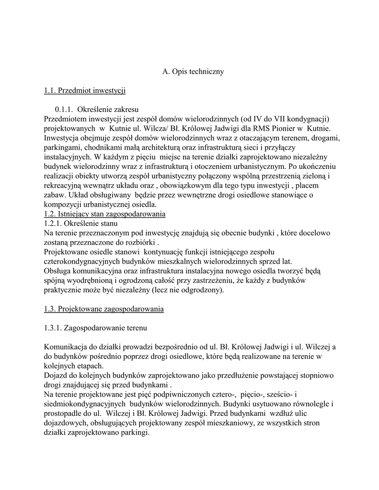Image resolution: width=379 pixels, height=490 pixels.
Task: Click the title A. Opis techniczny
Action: [193, 72]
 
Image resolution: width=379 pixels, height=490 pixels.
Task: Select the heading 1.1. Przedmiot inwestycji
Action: [84, 90]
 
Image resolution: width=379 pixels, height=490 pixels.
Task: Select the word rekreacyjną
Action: [63, 185]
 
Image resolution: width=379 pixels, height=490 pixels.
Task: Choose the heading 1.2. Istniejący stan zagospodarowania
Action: [104, 214]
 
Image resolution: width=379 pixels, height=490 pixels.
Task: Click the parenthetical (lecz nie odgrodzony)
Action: [187, 290]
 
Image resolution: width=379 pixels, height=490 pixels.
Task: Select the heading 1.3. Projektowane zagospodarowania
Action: [103, 309]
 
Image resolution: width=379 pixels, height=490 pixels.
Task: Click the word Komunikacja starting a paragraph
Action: [66, 347]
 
